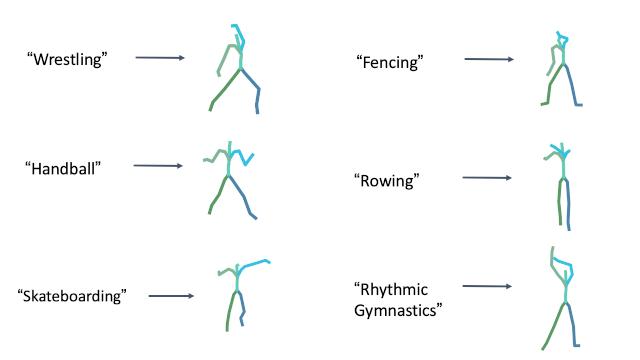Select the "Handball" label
(65, 168)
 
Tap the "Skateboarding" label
(73, 296)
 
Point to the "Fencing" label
(390, 62)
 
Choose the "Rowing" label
(385, 181)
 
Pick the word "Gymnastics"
(398, 310)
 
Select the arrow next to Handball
(158, 166)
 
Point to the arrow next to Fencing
(489, 60)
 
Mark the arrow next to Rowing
(487, 179)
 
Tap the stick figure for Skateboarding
(238, 295)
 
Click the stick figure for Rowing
(562, 186)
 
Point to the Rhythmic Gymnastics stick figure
(564, 300)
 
